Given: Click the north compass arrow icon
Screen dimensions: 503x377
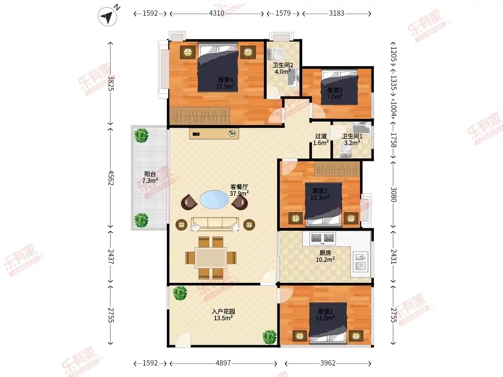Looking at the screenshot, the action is click(x=107, y=16).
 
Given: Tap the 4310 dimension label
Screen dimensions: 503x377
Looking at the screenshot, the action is click(x=217, y=13).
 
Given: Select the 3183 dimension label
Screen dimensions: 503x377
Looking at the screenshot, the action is click(x=337, y=13).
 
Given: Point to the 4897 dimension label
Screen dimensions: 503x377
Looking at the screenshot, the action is click(x=223, y=363).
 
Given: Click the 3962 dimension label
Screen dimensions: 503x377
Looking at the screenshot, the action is click(x=328, y=363).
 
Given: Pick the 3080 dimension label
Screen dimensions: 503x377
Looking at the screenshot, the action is click(x=394, y=194).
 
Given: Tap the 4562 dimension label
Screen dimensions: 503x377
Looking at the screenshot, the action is click(x=111, y=178).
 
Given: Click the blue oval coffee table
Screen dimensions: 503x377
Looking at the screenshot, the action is click(x=214, y=199).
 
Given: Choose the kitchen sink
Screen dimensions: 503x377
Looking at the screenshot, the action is click(x=360, y=261).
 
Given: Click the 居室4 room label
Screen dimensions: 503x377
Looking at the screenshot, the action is click(x=226, y=80).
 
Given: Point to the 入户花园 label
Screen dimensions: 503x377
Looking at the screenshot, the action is click(x=223, y=311).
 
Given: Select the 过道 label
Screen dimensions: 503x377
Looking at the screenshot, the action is click(x=321, y=136).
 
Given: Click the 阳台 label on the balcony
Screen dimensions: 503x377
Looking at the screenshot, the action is click(x=150, y=174).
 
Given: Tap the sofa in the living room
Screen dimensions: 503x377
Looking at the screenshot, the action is click(x=215, y=224).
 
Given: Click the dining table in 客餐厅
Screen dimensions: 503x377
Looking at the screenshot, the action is click(x=211, y=258).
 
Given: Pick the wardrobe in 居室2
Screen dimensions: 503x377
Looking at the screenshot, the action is click(x=337, y=169).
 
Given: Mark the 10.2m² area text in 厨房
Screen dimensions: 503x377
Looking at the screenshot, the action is click(x=325, y=260).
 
